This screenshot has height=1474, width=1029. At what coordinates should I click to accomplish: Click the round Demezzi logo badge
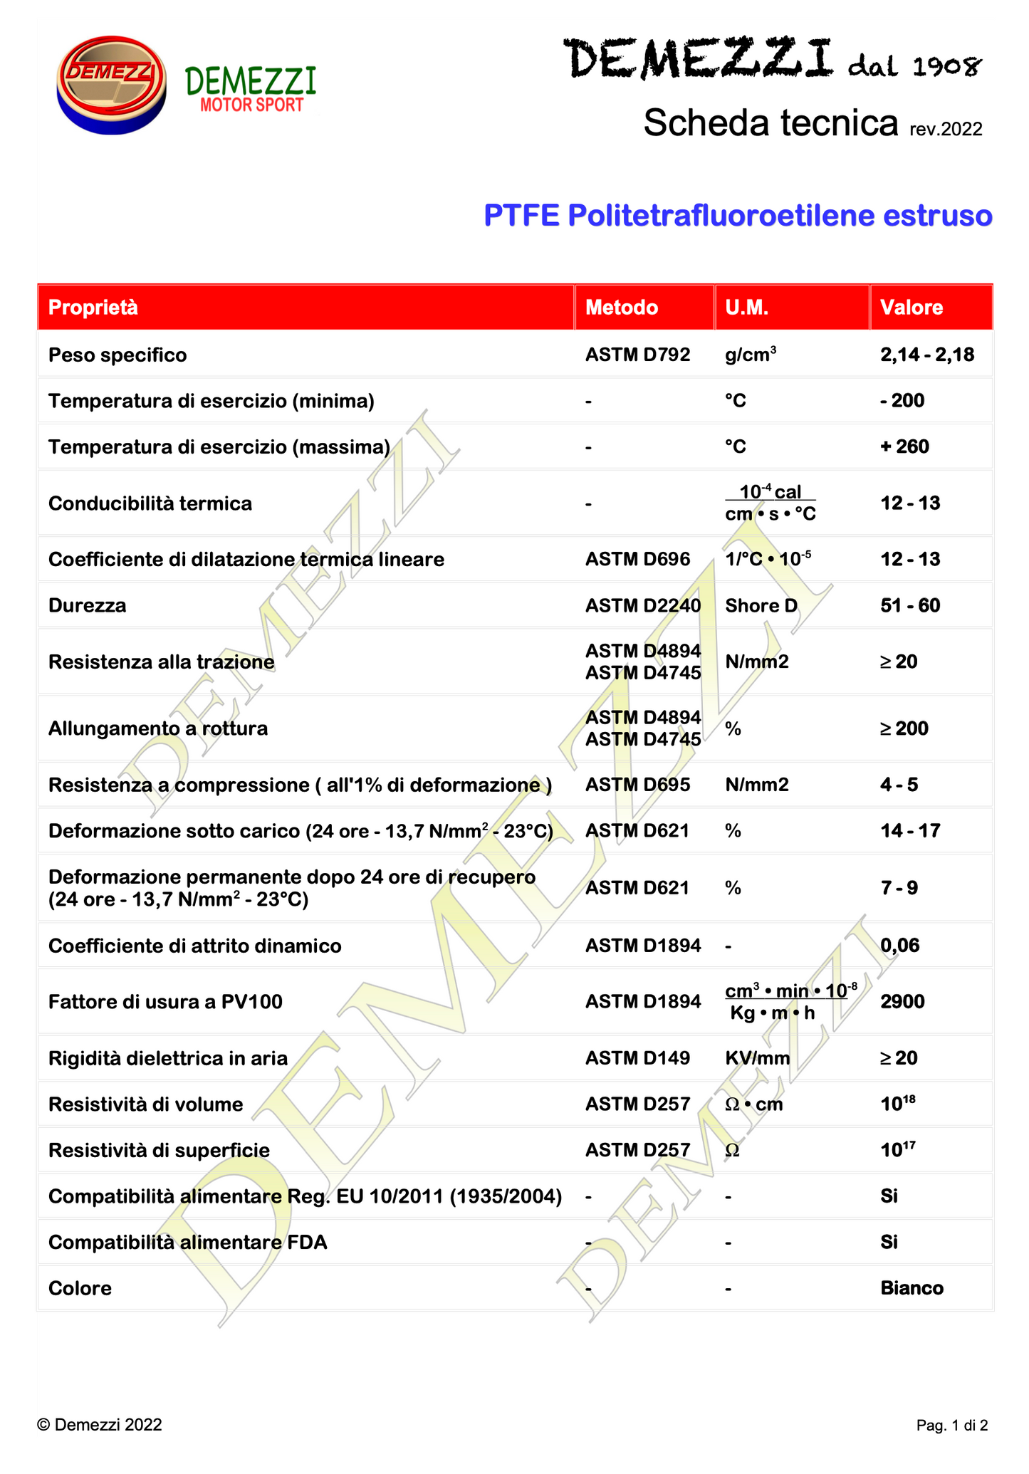(111, 85)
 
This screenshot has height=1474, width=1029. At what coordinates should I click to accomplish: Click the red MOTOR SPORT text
(252, 105)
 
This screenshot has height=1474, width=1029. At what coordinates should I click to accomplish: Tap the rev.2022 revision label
(946, 130)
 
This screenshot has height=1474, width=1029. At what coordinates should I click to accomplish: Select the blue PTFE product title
(738, 216)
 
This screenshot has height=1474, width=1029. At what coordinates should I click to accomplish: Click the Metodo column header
(622, 308)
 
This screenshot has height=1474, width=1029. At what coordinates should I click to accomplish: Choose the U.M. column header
(746, 308)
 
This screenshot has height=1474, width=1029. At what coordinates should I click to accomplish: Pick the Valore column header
(912, 308)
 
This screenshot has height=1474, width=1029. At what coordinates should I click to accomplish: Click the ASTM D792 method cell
(637, 355)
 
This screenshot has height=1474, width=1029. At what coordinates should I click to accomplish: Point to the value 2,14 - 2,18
(927, 355)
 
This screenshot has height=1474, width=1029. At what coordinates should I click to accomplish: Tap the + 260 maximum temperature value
(904, 446)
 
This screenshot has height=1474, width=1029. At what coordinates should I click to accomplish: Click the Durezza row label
(87, 606)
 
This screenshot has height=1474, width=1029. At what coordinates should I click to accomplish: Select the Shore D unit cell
(761, 606)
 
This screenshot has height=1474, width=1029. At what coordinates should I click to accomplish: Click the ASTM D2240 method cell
(643, 606)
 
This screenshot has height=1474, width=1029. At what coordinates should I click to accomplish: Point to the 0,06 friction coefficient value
(900, 946)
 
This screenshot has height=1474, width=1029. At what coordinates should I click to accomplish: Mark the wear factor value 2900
(902, 1002)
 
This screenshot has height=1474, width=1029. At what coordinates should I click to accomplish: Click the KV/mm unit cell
(758, 1058)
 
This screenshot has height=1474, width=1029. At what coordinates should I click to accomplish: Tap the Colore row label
(80, 1288)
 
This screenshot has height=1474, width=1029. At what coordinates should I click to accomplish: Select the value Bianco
(912, 1288)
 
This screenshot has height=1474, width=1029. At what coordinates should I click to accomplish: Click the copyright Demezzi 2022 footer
(100, 1425)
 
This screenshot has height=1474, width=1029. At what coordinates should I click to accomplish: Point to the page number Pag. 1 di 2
(952, 1426)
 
